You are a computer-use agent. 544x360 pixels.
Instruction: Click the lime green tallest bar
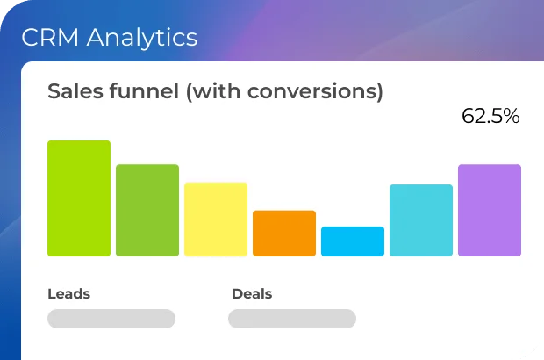pyautogui.click(x=79, y=198)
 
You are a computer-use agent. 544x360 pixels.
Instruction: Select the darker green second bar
pyautogui.click(x=147, y=211)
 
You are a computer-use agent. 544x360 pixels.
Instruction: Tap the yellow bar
pyautogui.click(x=216, y=220)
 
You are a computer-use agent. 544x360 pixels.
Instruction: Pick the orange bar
pyautogui.click(x=284, y=234)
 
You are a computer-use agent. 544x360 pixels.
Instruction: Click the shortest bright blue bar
pyautogui.click(x=353, y=241)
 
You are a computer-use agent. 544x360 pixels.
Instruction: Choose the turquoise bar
pyautogui.click(x=421, y=220)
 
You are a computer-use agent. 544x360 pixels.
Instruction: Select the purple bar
pyautogui.click(x=490, y=211)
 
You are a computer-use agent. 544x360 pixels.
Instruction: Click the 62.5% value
pyautogui.click(x=490, y=116)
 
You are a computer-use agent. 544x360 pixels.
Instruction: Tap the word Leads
pyautogui.click(x=68, y=293)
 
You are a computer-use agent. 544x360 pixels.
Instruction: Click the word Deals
pyautogui.click(x=252, y=293)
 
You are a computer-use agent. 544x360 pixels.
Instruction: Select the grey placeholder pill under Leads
pyautogui.click(x=111, y=319)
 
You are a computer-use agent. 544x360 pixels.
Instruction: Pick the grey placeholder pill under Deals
pyautogui.click(x=292, y=319)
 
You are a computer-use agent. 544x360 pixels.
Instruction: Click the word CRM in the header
pyautogui.click(x=50, y=37)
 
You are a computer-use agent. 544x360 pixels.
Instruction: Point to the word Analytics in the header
pyautogui.click(x=142, y=38)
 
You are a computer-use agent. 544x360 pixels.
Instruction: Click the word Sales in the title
pyautogui.click(x=75, y=91)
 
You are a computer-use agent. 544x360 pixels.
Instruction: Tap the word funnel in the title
pyautogui.click(x=144, y=91)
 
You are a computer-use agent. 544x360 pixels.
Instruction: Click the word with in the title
pyautogui.click(x=216, y=91)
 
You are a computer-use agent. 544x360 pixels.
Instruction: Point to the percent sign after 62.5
pyautogui.click(x=512, y=116)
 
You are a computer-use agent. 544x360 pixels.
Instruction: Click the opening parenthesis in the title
pyautogui.click(x=189, y=92)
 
